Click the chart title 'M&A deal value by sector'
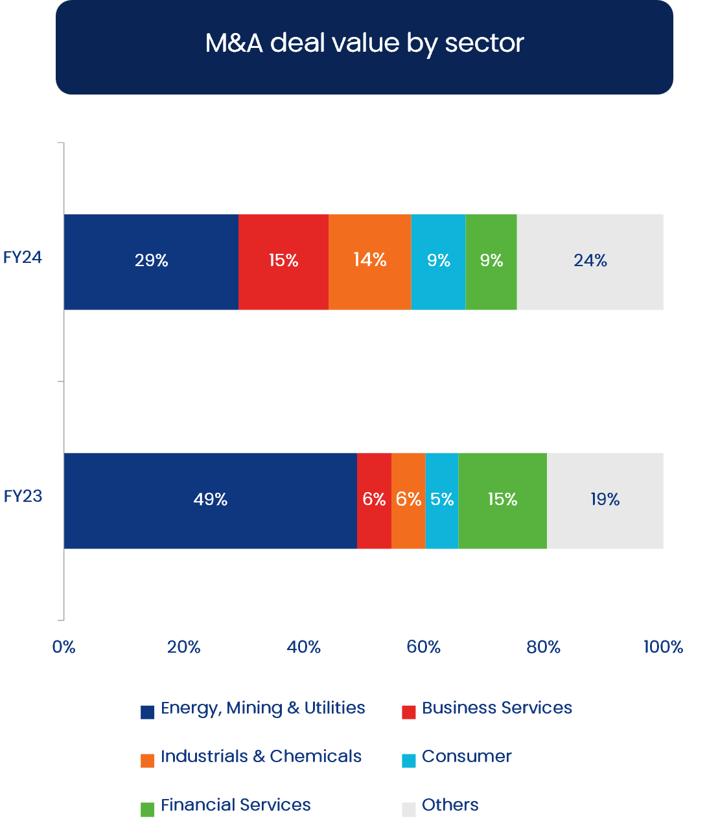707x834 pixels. [364, 43]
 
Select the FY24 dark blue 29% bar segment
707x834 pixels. [151, 262]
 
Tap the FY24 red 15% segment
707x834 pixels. [283, 262]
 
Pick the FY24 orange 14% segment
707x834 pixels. [370, 262]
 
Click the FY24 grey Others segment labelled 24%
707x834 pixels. [590, 262]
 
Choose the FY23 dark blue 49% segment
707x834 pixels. [210, 500]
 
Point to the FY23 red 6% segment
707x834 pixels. [374, 500]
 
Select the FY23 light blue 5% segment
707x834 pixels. [442, 500]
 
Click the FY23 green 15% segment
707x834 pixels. [502, 500]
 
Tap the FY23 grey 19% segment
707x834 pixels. [605, 500]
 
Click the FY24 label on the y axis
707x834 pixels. [23, 258]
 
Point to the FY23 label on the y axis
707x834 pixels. [23, 497]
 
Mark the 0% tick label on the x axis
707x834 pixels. [64, 647]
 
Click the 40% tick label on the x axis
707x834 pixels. [303, 647]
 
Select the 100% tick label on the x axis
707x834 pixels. [663, 647]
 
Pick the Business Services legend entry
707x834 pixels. [496, 708]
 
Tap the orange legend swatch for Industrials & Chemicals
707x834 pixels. [148, 760]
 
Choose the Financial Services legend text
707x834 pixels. [236, 805]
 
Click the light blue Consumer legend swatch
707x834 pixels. [409, 760]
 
